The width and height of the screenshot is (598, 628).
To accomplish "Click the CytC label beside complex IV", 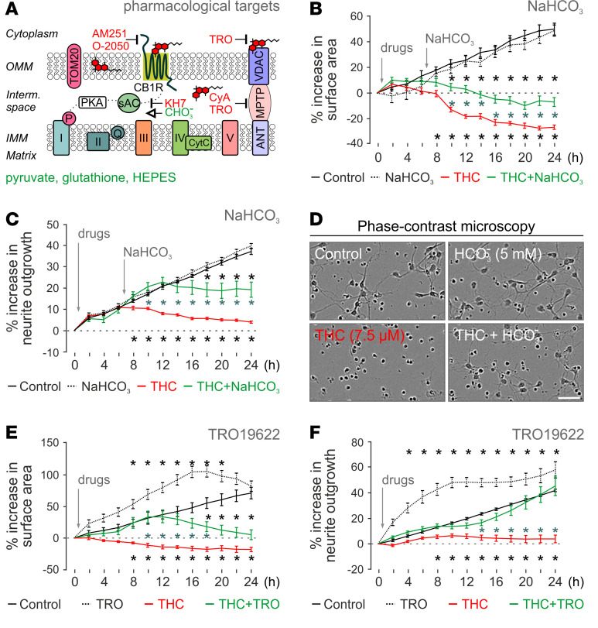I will point(199,142).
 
